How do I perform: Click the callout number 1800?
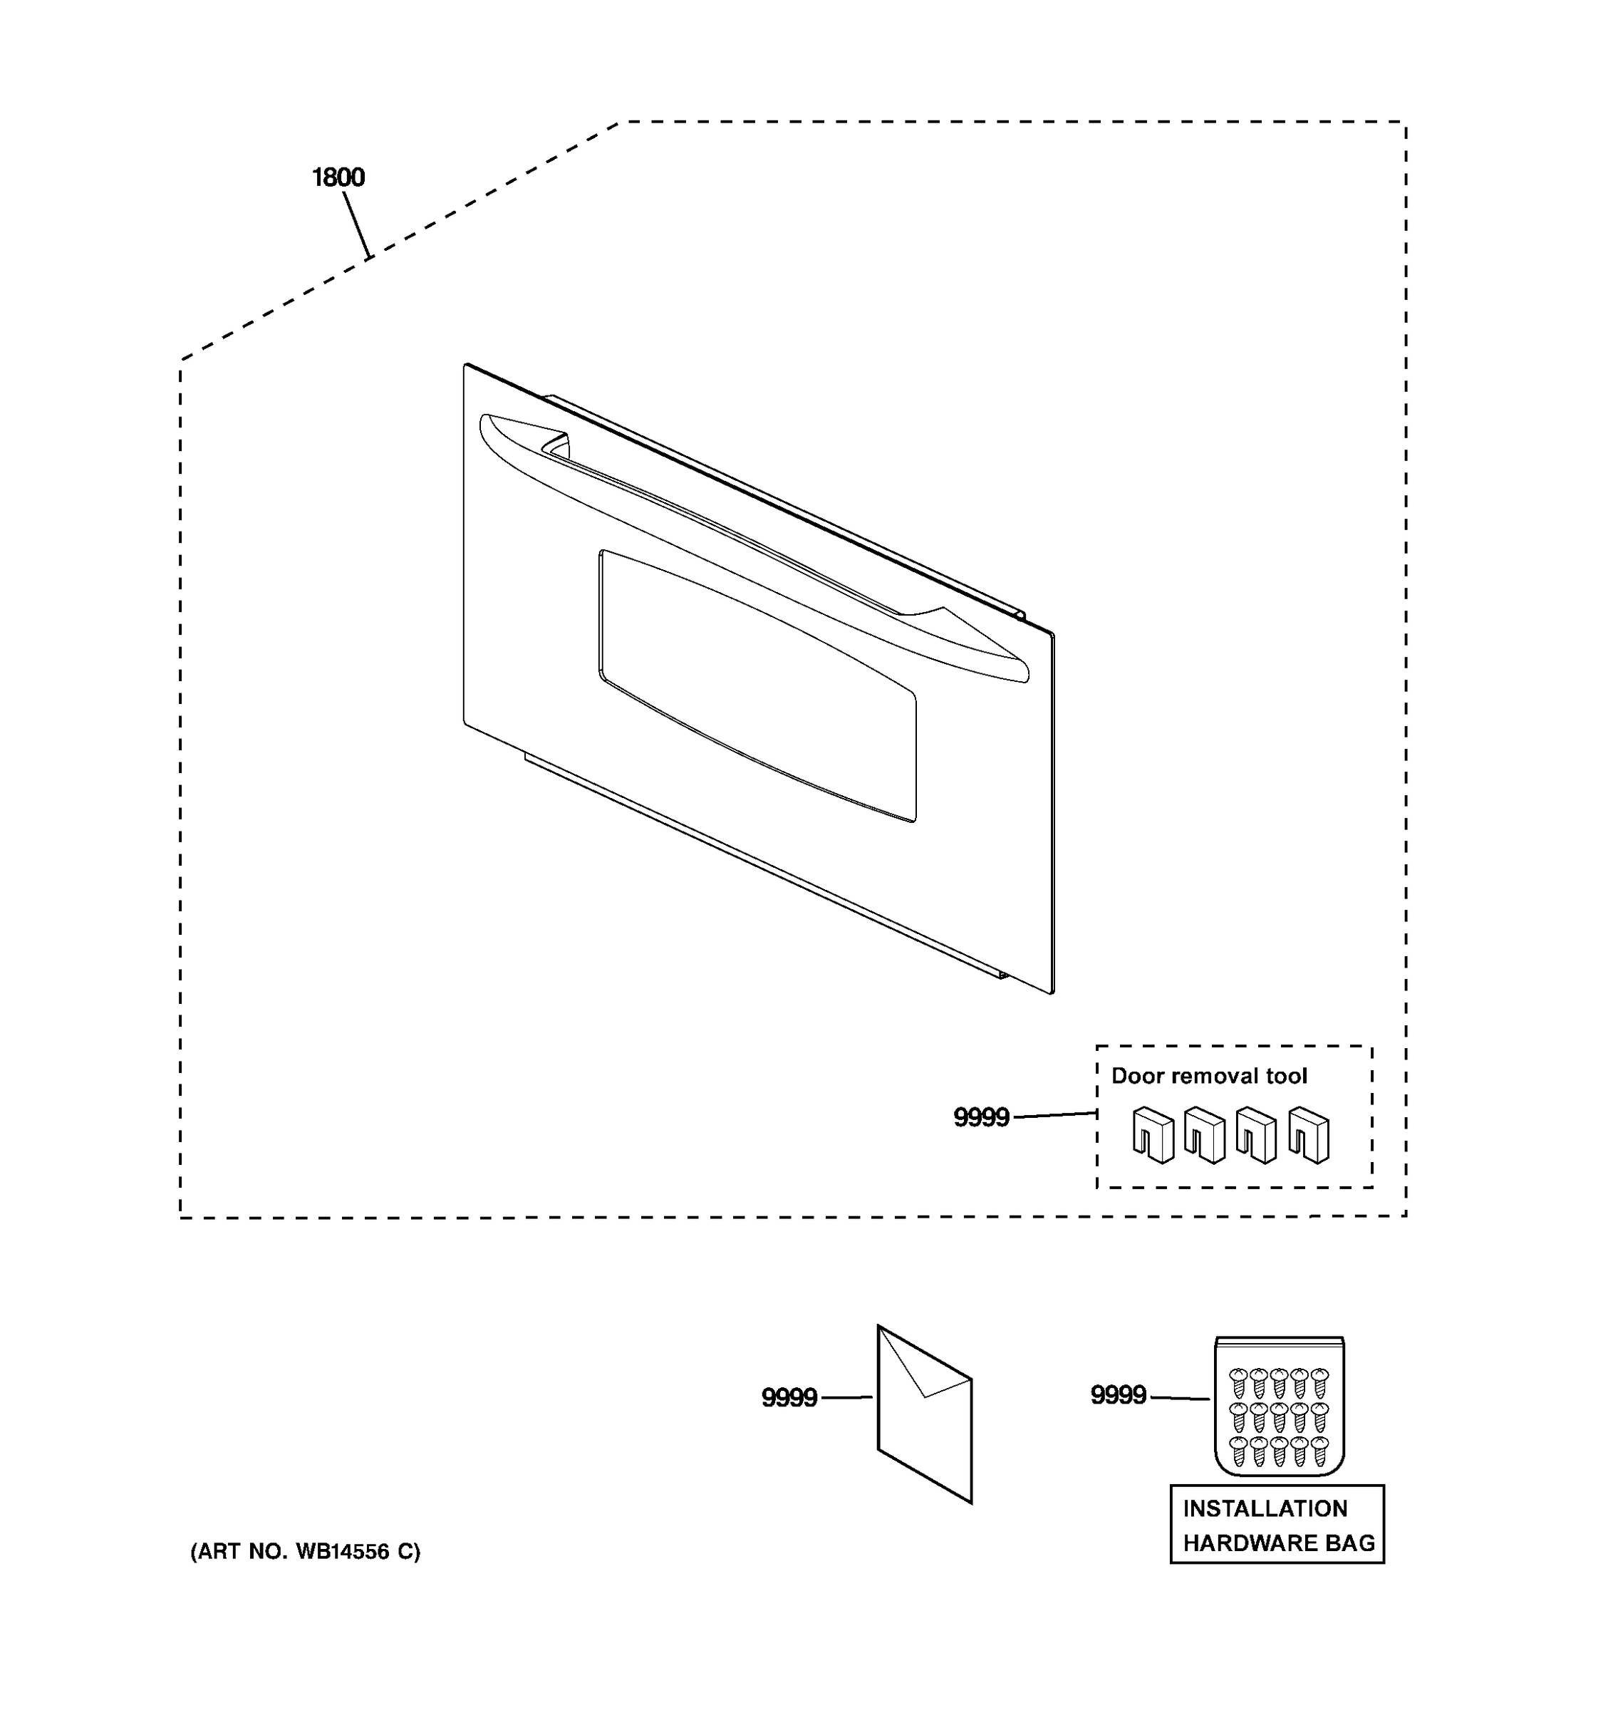(x=338, y=177)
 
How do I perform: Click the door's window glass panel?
(x=757, y=684)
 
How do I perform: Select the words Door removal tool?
(x=1208, y=1076)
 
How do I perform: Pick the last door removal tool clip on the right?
(x=1309, y=1136)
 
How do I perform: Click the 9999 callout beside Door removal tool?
(x=981, y=1117)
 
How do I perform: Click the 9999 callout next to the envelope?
(x=789, y=1398)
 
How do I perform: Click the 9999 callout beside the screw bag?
(x=1118, y=1394)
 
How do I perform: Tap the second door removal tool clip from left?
(x=1205, y=1136)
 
